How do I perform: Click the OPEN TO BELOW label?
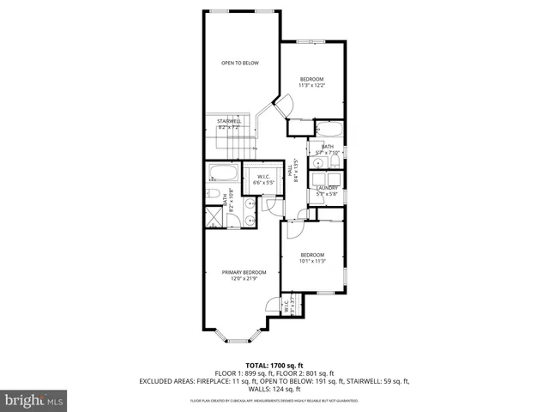[x=240, y=63]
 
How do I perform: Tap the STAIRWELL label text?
[x=229, y=121]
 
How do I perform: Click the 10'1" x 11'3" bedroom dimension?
[x=312, y=261]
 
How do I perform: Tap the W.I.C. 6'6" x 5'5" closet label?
[x=263, y=179]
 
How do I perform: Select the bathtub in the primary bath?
[x=223, y=172]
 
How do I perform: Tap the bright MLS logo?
[x=34, y=400]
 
